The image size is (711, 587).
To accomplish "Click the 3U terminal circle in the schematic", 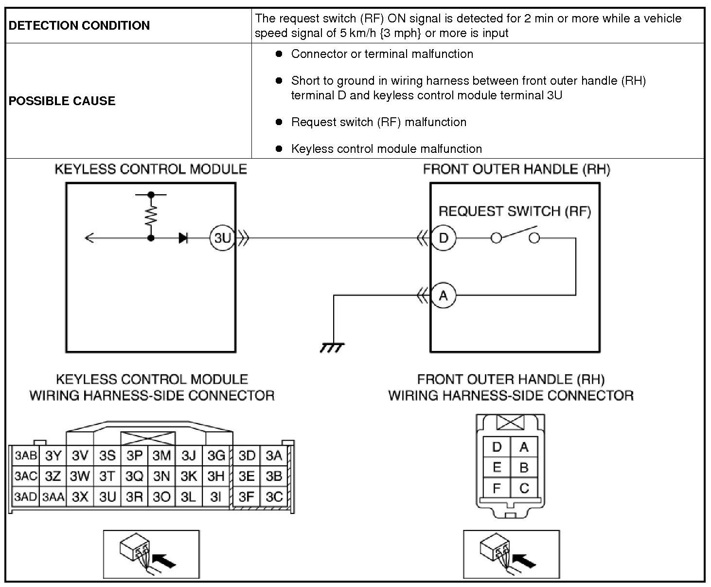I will [x=222, y=238].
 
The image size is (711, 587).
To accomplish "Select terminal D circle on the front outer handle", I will [x=443, y=238].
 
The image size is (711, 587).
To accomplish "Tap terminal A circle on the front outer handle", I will [x=443, y=295].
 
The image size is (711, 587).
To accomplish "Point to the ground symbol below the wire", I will [x=333, y=348].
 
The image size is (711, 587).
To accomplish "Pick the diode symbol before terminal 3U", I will [x=183, y=238].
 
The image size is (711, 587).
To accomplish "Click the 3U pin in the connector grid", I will [x=107, y=497].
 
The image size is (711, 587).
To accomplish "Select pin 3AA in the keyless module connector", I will [x=53, y=497].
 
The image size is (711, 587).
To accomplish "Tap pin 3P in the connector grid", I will [x=134, y=456].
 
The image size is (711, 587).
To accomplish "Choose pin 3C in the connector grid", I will [x=274, y=497].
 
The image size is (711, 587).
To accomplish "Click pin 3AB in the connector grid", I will [x=25, y=456].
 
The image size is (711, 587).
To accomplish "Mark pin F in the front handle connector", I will [x=497, y=488].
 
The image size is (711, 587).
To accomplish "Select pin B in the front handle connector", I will [x=524, y=467].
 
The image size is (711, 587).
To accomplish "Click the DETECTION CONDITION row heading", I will [x=79, y=26].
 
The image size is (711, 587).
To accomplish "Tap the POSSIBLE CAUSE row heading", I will [x=62, y=101].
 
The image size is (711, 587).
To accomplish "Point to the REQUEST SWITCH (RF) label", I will [x=515, y=211].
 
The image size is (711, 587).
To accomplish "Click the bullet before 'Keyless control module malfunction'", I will [x=279, y=149].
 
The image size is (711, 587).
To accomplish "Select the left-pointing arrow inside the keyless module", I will [x=89, y=238].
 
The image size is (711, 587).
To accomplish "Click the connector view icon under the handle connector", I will [x=511, y=554].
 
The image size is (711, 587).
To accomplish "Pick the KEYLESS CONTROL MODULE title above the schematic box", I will [x=151, y=169].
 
